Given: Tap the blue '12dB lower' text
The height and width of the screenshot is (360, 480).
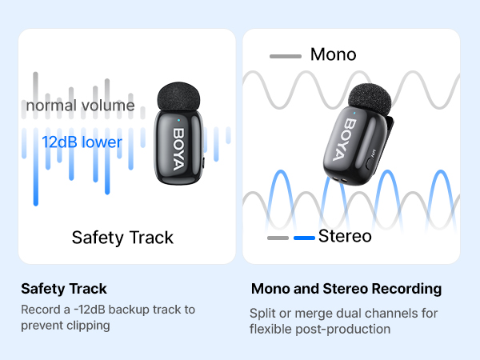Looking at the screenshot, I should [x=82, y=142].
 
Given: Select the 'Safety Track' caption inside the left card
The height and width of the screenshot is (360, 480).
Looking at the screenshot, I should [x=122, y=237].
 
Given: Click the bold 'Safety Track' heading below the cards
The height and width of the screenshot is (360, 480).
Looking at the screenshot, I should [x=63, y=288].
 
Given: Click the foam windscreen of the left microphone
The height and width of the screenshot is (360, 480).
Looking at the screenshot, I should [x=178, y=97].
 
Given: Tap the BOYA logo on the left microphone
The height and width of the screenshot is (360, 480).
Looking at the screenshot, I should [x=178, y=143].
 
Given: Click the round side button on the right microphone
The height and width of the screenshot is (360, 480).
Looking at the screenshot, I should [x=370, y=161].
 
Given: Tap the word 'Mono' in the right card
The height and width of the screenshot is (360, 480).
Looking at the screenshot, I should [x=333, y=55].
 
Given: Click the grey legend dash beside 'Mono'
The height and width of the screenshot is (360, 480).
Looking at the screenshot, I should [x=286, y=56].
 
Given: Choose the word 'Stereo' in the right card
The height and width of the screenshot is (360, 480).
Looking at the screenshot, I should [x=345, y=236].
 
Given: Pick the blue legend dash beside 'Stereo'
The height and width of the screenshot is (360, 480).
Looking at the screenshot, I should [x=304, y=238].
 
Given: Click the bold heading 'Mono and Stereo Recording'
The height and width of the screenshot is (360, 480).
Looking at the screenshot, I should [x=346, y=288].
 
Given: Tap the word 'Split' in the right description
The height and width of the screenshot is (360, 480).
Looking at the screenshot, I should [x=262, y=313].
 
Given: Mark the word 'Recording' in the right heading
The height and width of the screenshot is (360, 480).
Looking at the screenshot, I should [x=406, y=288].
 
